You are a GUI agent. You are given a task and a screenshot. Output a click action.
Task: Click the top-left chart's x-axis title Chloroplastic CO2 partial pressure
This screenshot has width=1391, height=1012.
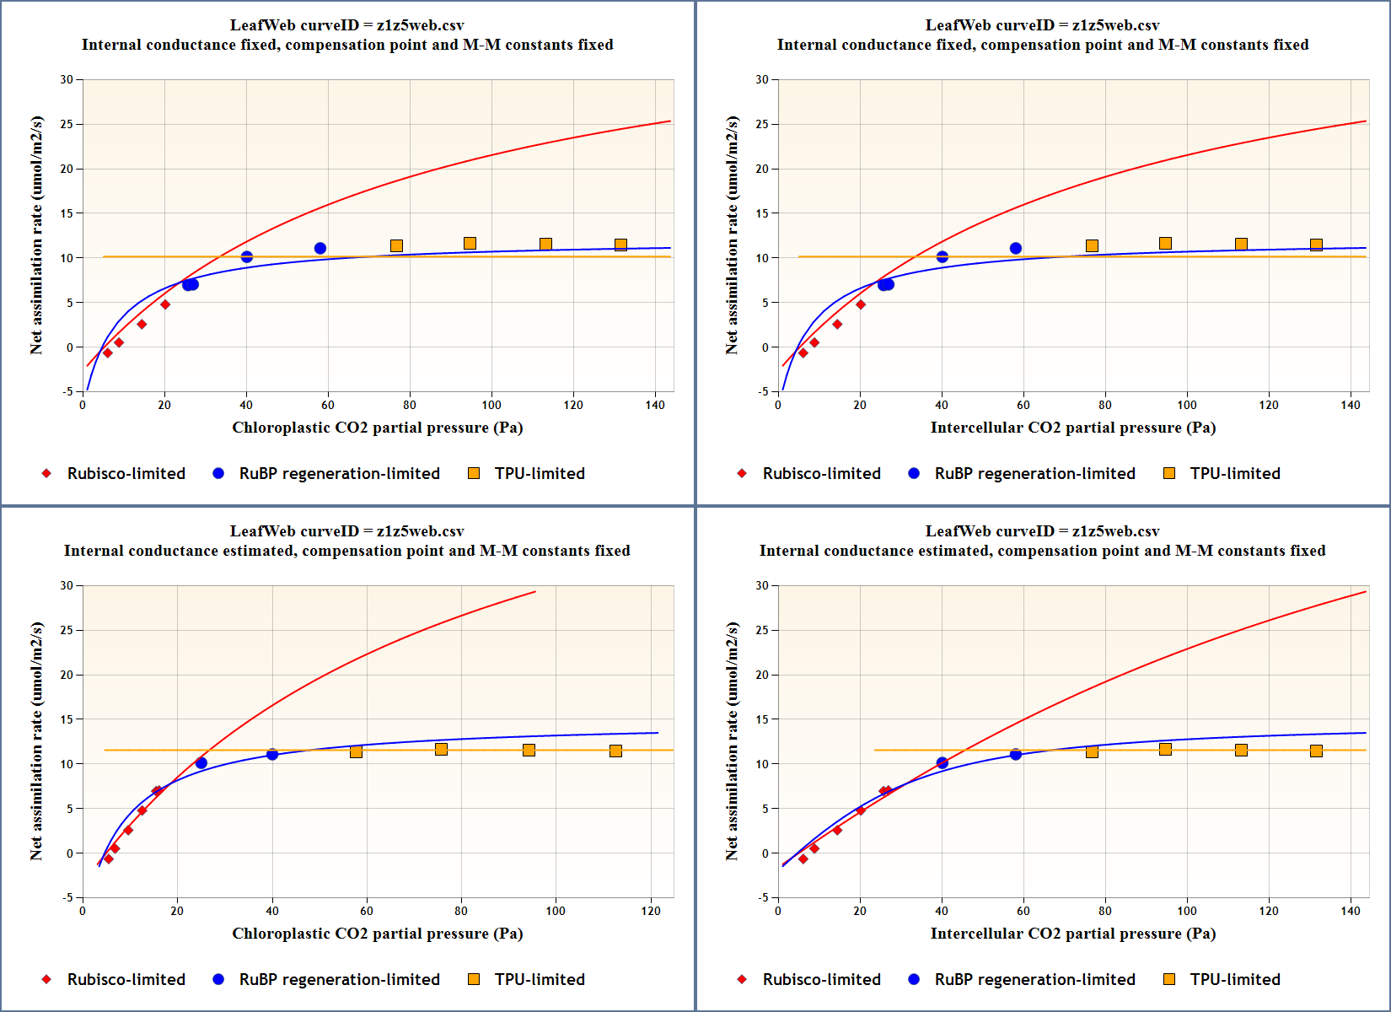(377, 428)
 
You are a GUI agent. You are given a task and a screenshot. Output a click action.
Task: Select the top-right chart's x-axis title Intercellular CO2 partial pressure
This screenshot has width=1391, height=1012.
(1072, 428)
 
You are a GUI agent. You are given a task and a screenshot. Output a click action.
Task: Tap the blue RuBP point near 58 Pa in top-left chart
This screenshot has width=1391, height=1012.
(320, 248)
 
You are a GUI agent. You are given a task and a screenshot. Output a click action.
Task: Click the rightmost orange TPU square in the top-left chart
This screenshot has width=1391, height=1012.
(620, 245)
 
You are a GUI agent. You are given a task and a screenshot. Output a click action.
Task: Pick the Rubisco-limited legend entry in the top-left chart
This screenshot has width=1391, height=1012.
(126, 473)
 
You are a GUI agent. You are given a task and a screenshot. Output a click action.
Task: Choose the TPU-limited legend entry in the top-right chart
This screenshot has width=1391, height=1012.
(1234, 473)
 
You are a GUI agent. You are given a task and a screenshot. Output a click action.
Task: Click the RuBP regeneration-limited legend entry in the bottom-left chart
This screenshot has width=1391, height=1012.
(339, 979)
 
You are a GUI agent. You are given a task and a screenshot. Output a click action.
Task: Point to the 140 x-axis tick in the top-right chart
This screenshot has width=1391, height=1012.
(1351, 405)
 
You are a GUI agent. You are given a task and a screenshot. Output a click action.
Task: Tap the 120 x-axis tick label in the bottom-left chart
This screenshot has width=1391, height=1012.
(651, 911)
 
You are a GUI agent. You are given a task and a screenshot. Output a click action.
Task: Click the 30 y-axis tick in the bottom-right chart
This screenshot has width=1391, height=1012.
(762, 585)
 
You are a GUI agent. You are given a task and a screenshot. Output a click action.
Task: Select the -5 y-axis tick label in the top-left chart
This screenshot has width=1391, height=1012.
(67, 391)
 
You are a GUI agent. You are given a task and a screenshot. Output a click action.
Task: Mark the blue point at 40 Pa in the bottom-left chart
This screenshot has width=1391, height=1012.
(272, 754)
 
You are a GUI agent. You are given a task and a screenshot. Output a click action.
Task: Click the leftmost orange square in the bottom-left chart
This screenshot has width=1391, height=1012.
(356, 751)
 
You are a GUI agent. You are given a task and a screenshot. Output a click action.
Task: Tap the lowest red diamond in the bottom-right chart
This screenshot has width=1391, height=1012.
(803, 859)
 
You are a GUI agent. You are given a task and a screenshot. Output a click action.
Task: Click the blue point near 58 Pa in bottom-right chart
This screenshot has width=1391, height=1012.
(1016, 754)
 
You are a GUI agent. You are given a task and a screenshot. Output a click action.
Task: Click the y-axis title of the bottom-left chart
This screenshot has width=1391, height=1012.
(36, 741)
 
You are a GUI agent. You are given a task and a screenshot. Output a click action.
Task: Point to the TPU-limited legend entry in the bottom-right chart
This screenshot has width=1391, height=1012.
(1234, 979)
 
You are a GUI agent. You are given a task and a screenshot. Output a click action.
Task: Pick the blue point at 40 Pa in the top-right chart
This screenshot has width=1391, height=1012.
(943, 256)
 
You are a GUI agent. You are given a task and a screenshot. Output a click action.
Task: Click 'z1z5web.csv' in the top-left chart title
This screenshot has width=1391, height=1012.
(420, 25)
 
